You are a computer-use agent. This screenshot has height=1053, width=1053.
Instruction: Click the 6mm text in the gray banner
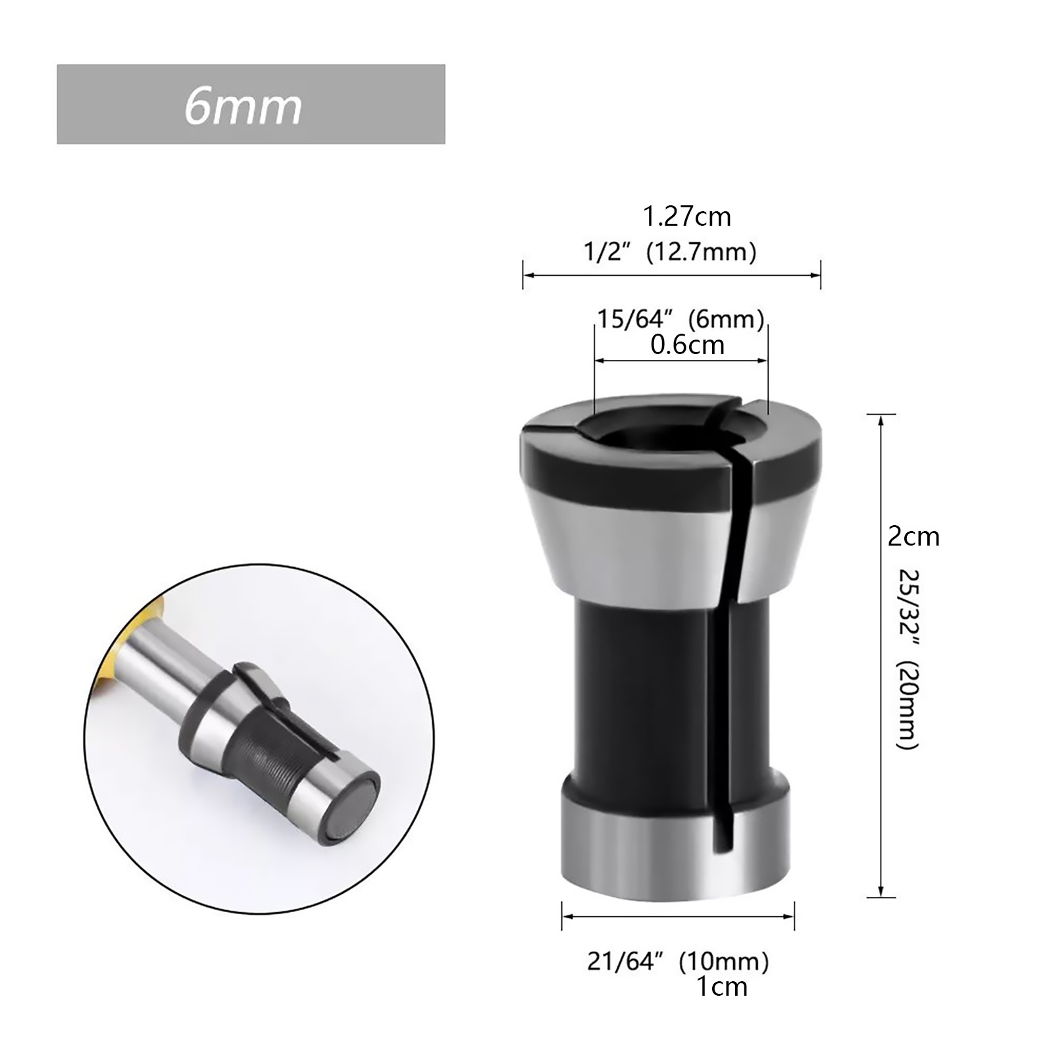[x=243, y=106]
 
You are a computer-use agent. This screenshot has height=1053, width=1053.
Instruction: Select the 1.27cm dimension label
[x=686, y=217]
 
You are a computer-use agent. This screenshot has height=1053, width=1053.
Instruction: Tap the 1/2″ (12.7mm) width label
[x=671, y=252]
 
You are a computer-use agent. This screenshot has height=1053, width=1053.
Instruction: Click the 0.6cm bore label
[x=688, y=345]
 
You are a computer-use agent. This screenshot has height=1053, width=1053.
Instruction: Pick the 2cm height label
[x=913, y=537]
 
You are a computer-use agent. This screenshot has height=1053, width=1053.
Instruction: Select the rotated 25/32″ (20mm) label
[x=908, y=660]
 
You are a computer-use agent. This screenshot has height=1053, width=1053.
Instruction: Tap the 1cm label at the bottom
[x=722, y=987]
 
